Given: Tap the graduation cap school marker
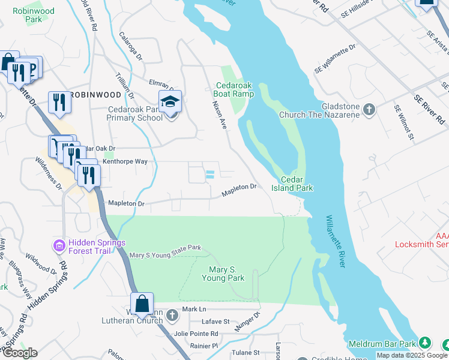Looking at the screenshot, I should [x=170, y=102].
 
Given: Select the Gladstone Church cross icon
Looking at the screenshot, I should [x=369, y=110].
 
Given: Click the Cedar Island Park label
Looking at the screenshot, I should [x=297, y=184].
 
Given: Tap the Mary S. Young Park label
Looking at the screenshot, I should [x=223, y=274].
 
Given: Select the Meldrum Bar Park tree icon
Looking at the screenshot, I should [x=425, y=343].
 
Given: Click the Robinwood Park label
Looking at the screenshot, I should [x=37, y=15].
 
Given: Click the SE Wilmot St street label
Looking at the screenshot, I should [x=404, y=122].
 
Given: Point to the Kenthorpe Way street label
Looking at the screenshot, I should [x=125, y=162].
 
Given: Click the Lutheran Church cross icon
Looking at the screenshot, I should [x=172, y=314].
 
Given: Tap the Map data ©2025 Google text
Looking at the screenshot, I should [x=412, y=355].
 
